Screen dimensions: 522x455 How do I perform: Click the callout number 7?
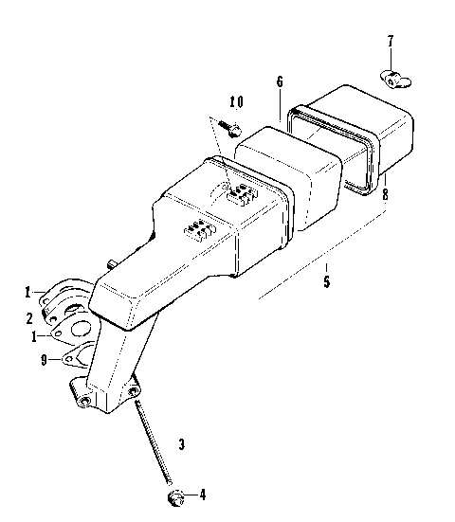click(x=389, y=42)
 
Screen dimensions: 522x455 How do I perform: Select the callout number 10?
click(x=236, y=101)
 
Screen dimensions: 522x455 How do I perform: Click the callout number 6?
click(x=280, y=81)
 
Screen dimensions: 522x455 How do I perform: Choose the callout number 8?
click(x=385, y=196)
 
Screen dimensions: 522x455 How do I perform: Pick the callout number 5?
click(x=326, y=280)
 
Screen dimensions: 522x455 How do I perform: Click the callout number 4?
click(x=199, y=495)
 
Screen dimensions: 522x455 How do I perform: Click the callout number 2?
click(x=29, y=318)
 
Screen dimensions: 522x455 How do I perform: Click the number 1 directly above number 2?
click(x=29, y=290)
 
